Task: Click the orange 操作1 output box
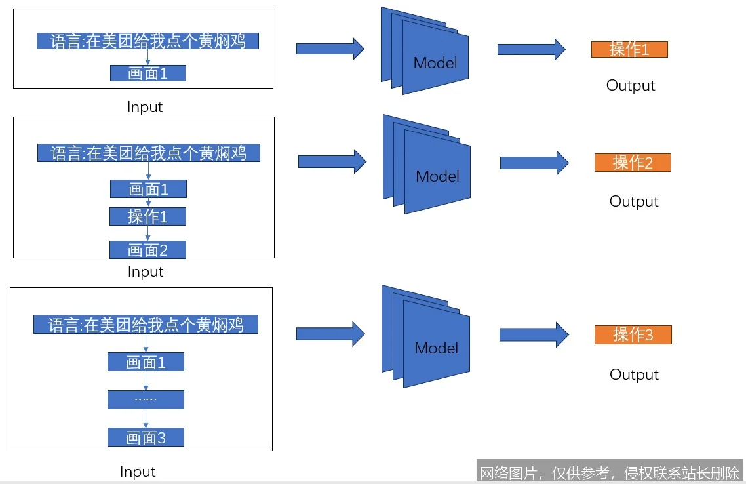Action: point(629,49)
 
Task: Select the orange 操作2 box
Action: point(633,163)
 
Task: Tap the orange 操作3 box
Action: point(633,334)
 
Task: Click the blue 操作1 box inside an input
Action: point(148,216)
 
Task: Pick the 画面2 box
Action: point(147,250)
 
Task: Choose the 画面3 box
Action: point(146,437)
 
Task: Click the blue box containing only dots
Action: point(146,399)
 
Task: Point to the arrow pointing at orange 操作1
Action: point(531,49)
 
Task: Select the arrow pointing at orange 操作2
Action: point(534,163)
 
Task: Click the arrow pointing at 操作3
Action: point(534,334)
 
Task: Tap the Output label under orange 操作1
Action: point(631,85)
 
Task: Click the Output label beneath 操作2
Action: point(634,201)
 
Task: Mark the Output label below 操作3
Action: point(634,374)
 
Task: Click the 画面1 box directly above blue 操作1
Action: point(148,190)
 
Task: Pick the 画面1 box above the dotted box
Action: point(146,362)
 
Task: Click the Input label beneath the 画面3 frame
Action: point(138,472)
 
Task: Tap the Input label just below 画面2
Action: point(145,272)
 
